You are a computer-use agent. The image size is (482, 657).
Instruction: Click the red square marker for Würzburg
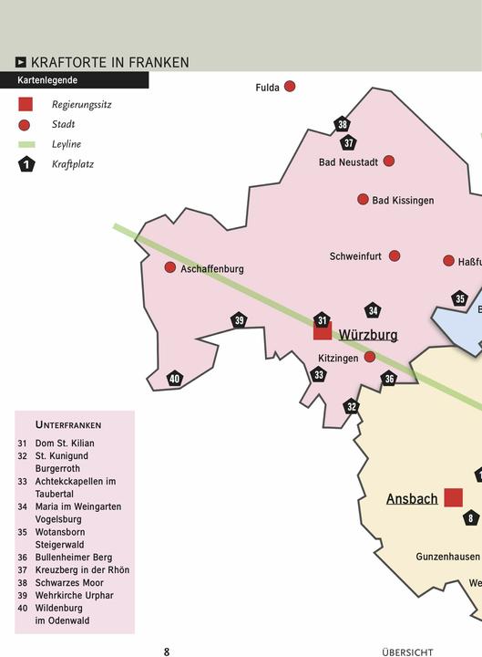(323, 330)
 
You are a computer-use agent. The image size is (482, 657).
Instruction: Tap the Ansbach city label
(412, 499)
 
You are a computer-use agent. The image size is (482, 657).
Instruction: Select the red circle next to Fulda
(290, 87)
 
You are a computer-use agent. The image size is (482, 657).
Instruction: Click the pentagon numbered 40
(175, 380)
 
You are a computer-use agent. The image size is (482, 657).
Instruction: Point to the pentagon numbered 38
(342, 125)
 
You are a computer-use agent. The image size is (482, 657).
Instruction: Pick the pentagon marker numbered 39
(239, 320)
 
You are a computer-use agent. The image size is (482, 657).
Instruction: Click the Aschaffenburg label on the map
(211, 269)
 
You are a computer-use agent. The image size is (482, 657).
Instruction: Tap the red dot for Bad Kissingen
(363, 199)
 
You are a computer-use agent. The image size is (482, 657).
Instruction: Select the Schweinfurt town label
(355, 256)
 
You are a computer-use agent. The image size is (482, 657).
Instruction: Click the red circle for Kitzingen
(370, 358)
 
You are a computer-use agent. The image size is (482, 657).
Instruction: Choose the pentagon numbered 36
(389, 379)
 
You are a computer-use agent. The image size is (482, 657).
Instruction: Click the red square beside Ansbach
(453, 497)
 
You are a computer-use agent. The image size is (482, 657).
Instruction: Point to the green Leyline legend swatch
(26, 144)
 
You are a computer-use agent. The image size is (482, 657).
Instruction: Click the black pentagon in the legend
(26, 164)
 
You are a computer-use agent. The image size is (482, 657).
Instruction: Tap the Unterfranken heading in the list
(68, 425)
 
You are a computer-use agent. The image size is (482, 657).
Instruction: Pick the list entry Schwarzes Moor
(69, 583)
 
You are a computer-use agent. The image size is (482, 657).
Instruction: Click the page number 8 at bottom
(167, 652)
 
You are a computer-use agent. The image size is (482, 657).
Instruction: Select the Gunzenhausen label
(447, 556)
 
